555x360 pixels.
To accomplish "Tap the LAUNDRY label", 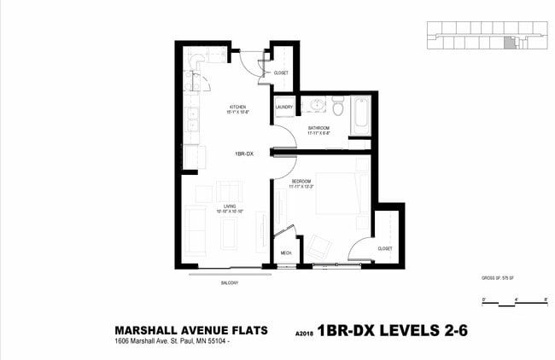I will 284,107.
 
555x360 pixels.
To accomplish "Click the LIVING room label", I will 230,207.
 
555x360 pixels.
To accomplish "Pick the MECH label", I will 286,253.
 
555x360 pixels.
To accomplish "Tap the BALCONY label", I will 229,282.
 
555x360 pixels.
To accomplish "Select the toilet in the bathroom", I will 338,107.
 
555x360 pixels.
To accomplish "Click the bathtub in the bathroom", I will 360,118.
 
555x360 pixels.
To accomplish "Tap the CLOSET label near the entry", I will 280,73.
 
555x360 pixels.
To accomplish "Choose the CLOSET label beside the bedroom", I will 385,248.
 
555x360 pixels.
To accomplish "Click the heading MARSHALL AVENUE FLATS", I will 191,330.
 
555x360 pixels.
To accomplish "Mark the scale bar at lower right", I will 514,302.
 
